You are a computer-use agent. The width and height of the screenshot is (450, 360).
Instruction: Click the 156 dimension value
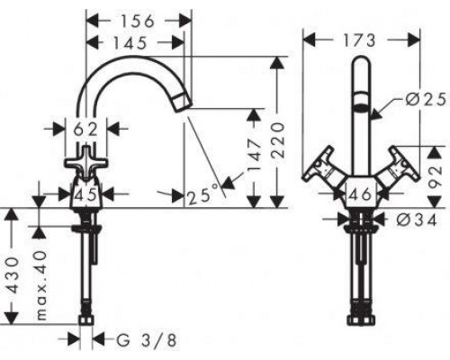click(x=138, y=22)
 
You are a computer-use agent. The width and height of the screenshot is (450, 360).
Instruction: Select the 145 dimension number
click(x=130, y=43)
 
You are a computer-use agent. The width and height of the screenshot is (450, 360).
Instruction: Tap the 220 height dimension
click(x=277, y=139)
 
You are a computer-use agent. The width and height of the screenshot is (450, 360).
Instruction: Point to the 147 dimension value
click(x=255, y=155)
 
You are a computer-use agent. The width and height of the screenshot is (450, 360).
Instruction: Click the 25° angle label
click(x=202, y=195)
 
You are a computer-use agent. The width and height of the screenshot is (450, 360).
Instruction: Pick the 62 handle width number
click(x=85, y=130)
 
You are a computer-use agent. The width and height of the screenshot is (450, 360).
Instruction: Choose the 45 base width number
click(x=86, y=195)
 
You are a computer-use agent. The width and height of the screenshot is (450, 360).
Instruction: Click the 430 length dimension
click(x=13, y=274)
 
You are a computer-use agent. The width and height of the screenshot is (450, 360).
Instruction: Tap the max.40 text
click(x=40, y=285)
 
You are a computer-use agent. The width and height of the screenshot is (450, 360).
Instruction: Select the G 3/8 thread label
click(x=146, y=340)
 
